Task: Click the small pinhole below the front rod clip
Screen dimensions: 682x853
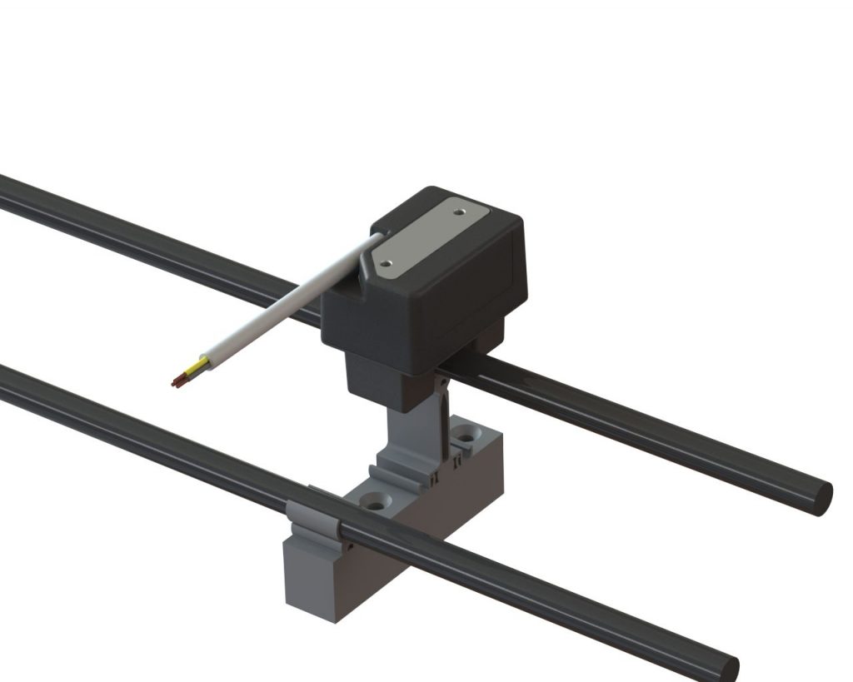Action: (351, 547)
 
